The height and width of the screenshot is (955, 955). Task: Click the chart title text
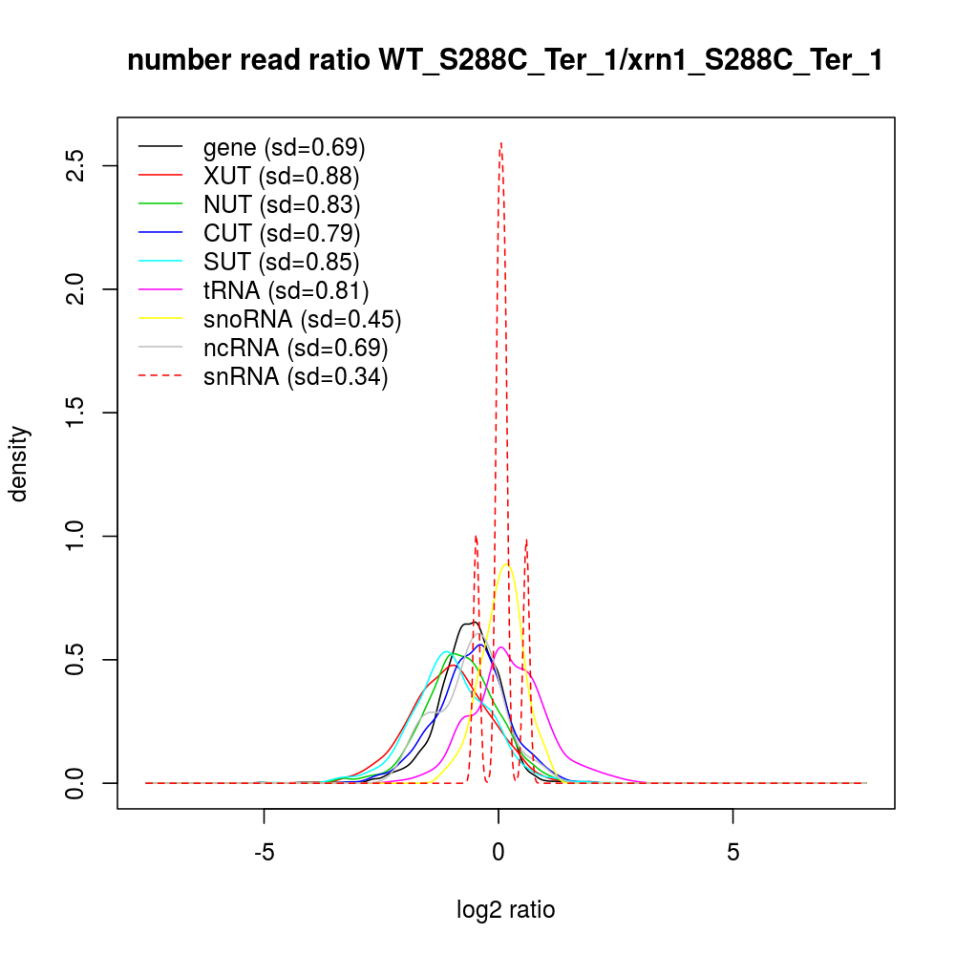coord(504,60)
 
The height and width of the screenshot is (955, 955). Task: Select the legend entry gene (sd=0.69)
coord(284,147)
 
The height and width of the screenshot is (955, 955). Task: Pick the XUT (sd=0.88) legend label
coord(281,176)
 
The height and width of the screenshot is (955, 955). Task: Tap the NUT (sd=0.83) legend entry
coord(282,204)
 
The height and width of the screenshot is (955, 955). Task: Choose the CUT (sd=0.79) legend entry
coord(282,233)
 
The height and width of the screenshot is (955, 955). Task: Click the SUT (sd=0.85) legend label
coord(282,262)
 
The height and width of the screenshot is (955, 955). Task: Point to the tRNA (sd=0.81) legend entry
coord(286,290)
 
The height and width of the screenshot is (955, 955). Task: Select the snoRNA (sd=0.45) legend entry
coord(302,319)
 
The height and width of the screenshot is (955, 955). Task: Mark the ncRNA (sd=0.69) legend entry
coord(295,348)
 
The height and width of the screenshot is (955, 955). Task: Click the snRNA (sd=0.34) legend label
coord(295,376)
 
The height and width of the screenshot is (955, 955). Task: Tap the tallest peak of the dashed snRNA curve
coord(500,143)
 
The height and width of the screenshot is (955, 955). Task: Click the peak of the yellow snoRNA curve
coord(506,564)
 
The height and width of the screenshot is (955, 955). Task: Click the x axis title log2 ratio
coord(505,910)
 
